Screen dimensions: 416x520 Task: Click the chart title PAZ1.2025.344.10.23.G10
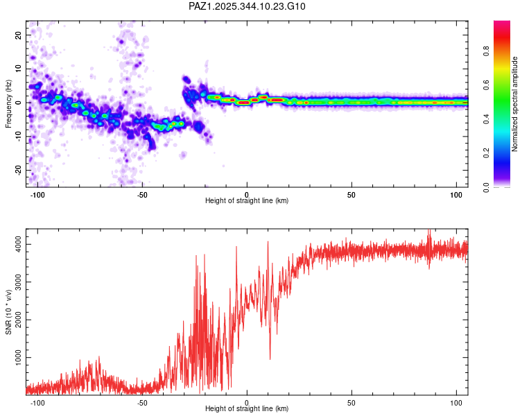point(247,6)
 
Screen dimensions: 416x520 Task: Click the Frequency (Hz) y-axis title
point(8,103)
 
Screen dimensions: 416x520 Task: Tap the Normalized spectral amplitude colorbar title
point(515,104)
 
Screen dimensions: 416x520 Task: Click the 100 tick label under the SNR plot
point(456,401)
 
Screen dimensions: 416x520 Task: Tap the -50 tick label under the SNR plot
point(141,401)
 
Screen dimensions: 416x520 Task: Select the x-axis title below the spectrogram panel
point(247,201)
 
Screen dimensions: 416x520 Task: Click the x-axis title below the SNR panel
point(247,409)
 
